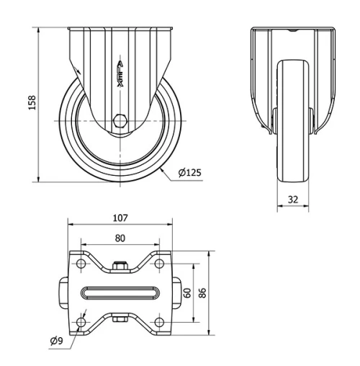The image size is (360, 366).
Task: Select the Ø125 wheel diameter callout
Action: click(189, 172)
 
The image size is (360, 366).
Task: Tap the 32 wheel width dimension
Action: click(293, 199)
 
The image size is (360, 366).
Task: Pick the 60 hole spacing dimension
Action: click(186, 293)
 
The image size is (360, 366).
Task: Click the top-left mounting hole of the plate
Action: click(81, 266)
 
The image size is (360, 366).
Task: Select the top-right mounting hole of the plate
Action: click(160, 266)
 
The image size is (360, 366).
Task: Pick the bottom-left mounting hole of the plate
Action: click(81, 320)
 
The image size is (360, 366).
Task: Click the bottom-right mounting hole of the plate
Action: click(160, 320)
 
